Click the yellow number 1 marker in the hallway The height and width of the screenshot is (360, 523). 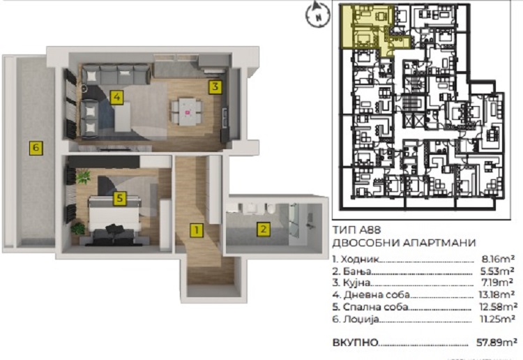(197, 230)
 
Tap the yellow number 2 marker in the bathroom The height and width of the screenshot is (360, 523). (263, 230)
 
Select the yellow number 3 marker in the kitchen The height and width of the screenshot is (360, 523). (215, 87)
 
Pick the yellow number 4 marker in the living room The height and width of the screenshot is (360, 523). (116, 97)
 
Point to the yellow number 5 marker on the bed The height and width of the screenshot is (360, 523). (120, 199)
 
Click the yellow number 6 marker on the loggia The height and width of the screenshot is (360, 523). (36, 148)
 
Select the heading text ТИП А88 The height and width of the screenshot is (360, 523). (356, 230)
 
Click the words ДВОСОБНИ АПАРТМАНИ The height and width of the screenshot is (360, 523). (404, 243)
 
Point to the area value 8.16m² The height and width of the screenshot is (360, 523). (498, 259)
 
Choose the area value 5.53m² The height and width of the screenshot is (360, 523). (497, 271)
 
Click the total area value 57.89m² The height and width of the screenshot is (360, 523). (497, 342)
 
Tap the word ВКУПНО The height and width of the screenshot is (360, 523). (355, 343)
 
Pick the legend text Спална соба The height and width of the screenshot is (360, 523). (375, 306)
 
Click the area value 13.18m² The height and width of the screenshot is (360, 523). (496, 294)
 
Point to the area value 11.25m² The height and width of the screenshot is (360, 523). (497, 319)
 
